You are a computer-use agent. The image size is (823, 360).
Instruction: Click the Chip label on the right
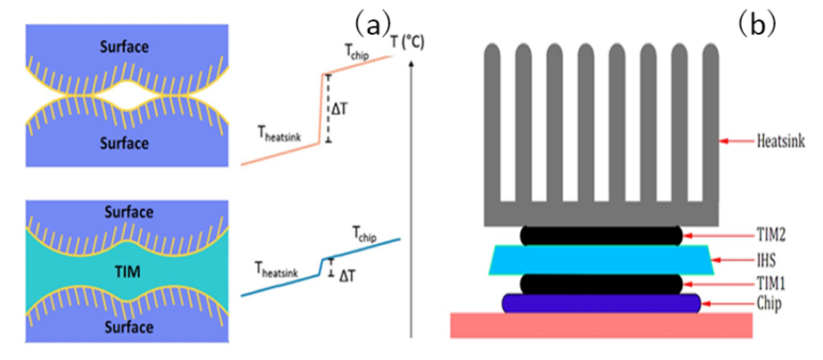pos(771,303)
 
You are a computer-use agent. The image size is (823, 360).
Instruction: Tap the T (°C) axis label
pos(405,41)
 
